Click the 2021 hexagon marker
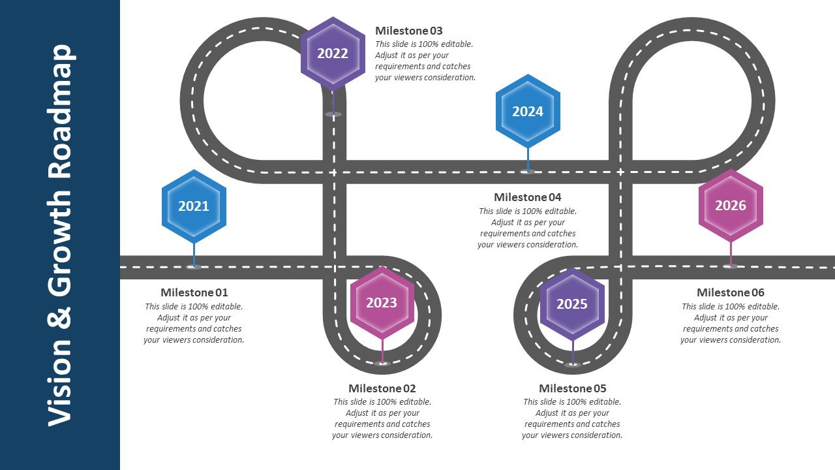pyautogui.click(x=194, y=206)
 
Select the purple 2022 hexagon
pyautogui.click(x=333, y=54)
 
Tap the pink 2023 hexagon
pyautogui.click(x=382, y=303)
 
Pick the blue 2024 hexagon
pyautogui.click(x=528, y=111)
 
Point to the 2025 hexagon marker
pyautogui.click(x=572, y=304)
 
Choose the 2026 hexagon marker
pyautogui.click(x=731, y=206)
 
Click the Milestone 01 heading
pyautogui.click(x=194, y=292)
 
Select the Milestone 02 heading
pyautogui.click(x=382, y=388)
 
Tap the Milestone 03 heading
pyautogui.click(x=409, y=31)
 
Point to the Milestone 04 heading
pyautogui.click(x=528, y=197)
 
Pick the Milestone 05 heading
pyautogui.click(x=573, y=388)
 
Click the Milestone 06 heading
pyautogui.click(x=731, y=292)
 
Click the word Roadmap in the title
pyautogui.click(x=61, y=112)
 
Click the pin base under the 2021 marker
pyautogui.click(x=194, y=267)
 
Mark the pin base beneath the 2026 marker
pyautogui.click(x=731, y=266)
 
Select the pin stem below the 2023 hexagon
pyautogui.click(x=382, y=351)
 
